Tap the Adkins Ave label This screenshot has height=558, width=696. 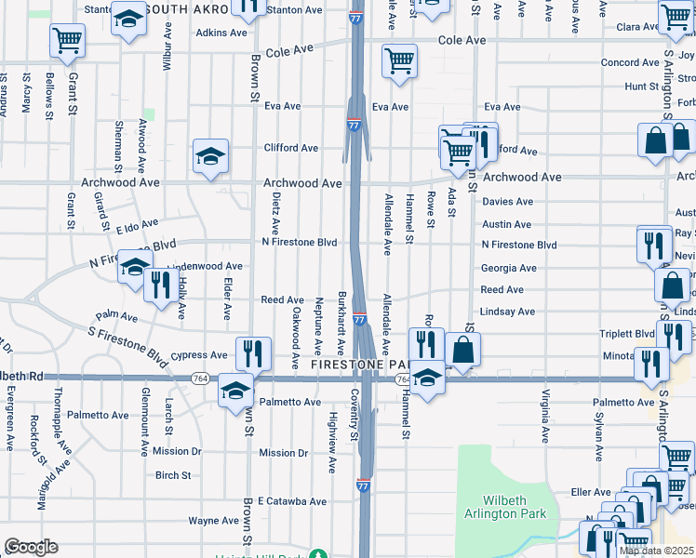221,33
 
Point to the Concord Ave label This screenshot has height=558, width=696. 630,62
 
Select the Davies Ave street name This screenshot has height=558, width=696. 507,201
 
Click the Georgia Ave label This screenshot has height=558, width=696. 509,268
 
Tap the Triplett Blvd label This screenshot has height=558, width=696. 628,334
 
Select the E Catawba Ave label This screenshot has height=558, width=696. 292,501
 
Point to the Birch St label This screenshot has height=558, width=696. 173,475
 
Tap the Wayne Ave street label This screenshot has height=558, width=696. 213,521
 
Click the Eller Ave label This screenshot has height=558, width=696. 590,492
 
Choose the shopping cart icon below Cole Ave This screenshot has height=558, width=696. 399,61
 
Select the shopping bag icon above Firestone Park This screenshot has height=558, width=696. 462,351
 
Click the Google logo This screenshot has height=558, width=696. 31,548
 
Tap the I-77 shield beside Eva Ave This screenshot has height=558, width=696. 354,124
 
